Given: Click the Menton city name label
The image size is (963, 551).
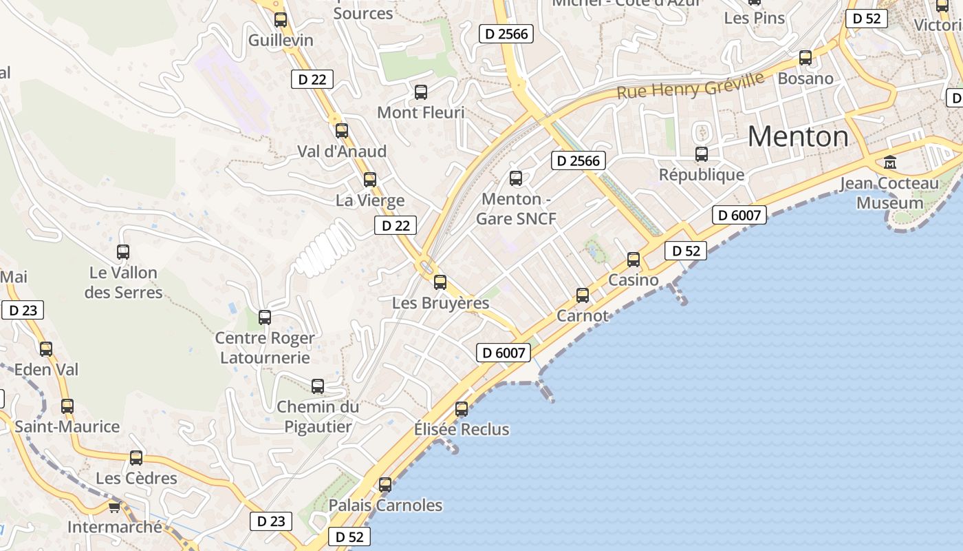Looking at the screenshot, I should pos(798,136).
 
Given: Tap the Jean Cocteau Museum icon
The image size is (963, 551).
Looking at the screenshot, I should pos(890,163).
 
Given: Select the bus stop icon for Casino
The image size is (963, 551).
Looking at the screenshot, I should pos(634,260).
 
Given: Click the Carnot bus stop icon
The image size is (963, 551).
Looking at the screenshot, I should pos(583,295).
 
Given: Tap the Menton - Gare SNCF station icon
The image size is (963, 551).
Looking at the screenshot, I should pos(516,178).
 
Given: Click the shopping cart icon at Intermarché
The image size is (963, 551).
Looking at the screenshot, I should pos(114,508).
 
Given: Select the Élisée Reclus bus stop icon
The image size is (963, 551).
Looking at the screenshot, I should pos(462,408).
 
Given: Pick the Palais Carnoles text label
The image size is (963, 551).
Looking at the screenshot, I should pos(385,505).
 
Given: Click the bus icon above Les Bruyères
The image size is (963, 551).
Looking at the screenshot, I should pos(440,282).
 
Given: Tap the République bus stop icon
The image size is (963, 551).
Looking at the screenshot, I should pos(702,154).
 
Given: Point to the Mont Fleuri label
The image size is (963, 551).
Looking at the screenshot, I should pos(421,112).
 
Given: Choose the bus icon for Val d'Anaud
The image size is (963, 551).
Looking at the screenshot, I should pos(342,130).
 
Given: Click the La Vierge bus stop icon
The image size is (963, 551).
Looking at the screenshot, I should pos(370,180).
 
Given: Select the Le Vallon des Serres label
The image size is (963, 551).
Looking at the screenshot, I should pos(123,282).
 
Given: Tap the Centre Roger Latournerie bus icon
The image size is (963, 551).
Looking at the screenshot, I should pos(265,318).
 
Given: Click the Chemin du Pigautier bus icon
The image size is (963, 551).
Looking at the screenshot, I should pos(318,386).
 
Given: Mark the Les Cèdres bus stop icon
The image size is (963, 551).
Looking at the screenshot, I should pos(136,457).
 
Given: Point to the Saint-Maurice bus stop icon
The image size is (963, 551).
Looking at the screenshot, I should pos(67,406).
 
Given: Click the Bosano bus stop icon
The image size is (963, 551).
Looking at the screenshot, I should pos(805,58).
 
